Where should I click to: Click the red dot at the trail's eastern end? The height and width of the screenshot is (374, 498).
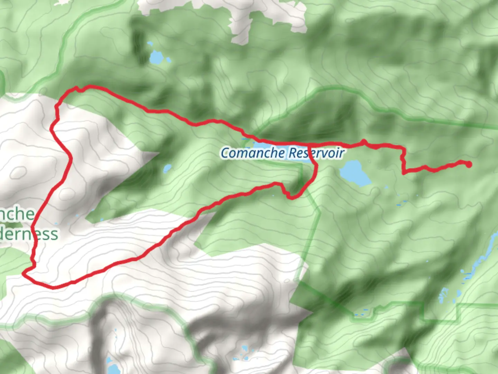tap(469, 164)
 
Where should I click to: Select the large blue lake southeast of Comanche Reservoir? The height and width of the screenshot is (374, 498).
tap(354, 172)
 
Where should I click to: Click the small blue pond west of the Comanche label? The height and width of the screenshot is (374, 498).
tap(167, 169)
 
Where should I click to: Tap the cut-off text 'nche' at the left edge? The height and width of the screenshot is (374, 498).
tap(17, 214)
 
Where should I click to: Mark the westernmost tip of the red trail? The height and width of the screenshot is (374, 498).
tap(24, 273)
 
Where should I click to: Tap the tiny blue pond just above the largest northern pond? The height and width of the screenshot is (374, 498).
tap(149, 44)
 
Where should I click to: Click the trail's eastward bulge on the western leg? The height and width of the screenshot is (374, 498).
tap(71, 159)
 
